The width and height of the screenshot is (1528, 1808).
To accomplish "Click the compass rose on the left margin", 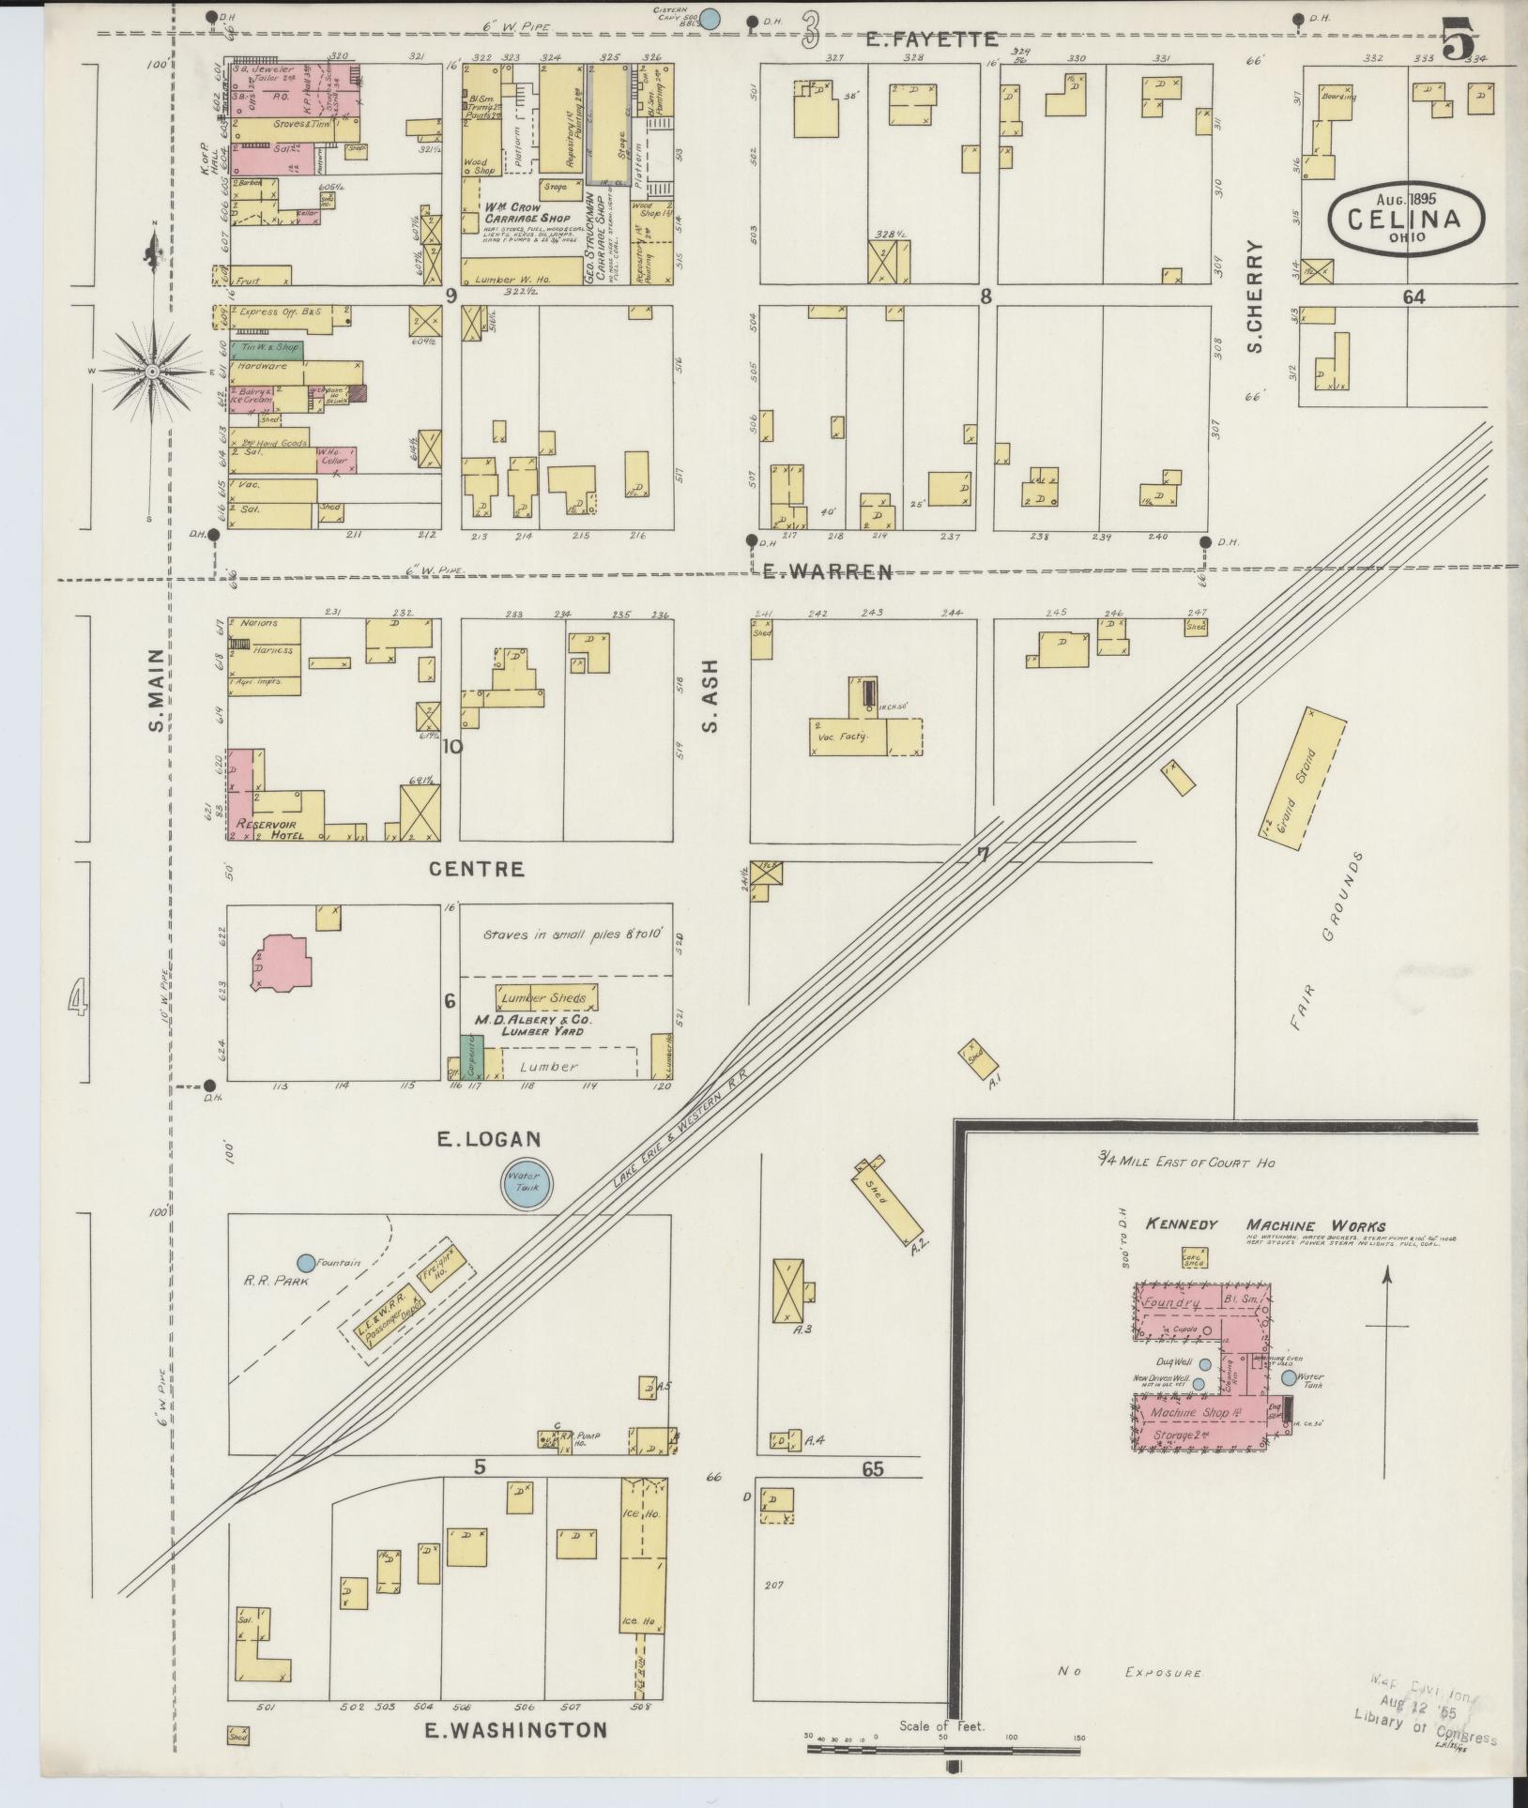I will pos(150,372).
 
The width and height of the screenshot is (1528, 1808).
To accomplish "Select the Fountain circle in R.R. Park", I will pos(306,1263).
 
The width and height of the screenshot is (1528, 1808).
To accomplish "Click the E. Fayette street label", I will pos(930,38).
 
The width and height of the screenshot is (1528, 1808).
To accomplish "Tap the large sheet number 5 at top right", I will pos(1460,38).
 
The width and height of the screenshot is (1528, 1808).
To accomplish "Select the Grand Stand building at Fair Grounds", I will pos(1302,779).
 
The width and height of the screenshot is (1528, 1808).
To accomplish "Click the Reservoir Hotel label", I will pos(270,828).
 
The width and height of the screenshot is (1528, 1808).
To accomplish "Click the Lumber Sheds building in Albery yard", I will pos(544,997).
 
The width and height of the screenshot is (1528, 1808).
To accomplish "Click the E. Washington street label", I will pos(515,1729).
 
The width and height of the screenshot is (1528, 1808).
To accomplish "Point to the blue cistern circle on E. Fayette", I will pos(711,17).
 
